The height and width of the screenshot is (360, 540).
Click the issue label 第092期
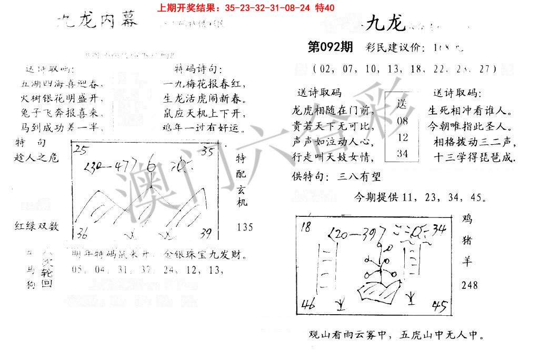coord(330,47)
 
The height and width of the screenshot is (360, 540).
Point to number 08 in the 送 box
coord(403,121)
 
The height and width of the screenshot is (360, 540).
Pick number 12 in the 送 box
coord(403,137)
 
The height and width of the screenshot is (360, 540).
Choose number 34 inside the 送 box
coord(403,153)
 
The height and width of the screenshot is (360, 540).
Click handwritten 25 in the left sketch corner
coord(81,150)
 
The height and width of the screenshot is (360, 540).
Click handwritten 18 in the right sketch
coord(306,226)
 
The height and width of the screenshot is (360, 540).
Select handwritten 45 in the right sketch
coord(439,306)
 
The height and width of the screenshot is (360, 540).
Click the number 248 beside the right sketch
coord(469,285)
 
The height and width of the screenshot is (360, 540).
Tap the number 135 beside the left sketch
coord(245,227)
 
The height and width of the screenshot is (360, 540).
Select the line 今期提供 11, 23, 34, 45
coord(419,198)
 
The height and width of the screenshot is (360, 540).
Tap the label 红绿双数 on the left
coord(37,226)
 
